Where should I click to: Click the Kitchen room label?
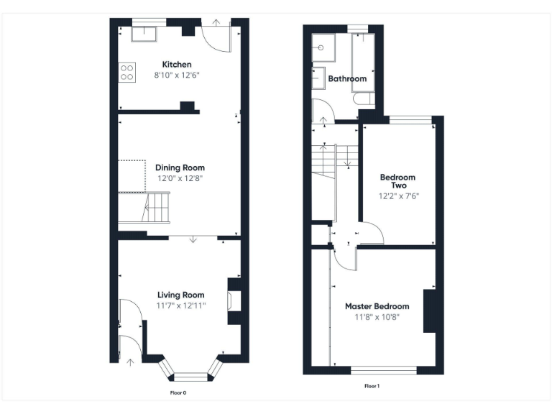click(176, 65)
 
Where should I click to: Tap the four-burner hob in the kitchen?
click(127, 72)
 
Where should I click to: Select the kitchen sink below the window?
click(144, 34)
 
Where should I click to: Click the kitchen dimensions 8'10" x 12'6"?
click(176, 75)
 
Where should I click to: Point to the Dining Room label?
click(180, 167)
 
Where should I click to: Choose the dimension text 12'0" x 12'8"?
click(180, 178)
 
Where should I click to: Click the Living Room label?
click(180, 295)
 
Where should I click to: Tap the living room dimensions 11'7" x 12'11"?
click(180, 305)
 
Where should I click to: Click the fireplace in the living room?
click(233, 298)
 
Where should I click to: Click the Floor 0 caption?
click(178, 393)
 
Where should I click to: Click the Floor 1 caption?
click(372, 386)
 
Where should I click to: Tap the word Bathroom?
click(347, 79)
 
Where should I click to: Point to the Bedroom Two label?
click(397, 181)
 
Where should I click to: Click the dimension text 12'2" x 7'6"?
click(397, 195)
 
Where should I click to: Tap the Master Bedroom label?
click(377, 306)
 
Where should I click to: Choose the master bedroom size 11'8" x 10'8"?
click(377, 316)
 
